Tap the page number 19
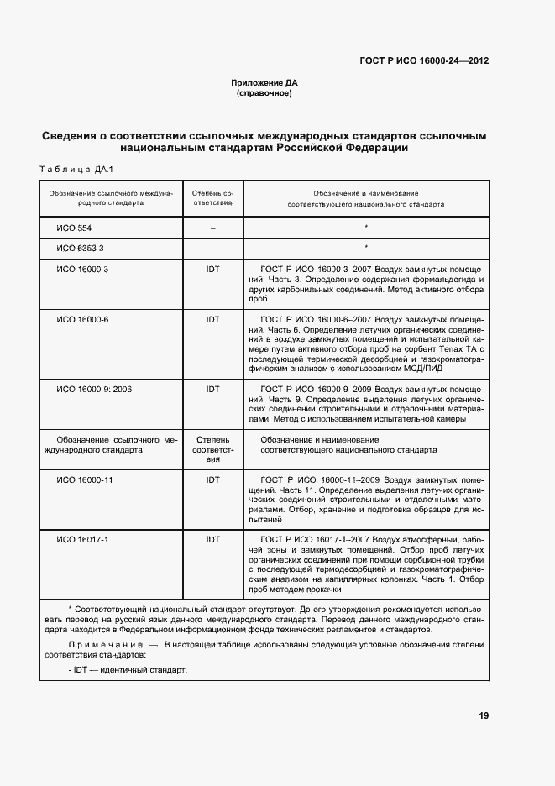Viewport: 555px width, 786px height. pos(484,715)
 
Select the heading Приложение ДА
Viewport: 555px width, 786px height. pos(264,83)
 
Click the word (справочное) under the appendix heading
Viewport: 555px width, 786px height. pos(264,93)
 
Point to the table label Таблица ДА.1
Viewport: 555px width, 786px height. pos(76,170)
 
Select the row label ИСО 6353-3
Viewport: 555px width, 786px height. pos(80,249)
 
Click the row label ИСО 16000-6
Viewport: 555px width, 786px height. pos(82,319)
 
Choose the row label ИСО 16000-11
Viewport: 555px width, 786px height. pos(84,479)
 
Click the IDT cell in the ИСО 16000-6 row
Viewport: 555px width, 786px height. pos(212,319)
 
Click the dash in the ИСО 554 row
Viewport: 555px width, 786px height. pos(212,228)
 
